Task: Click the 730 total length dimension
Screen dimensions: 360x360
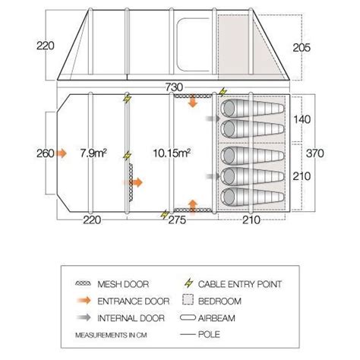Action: (x=174, y=87)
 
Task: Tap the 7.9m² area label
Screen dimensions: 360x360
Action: (x=93, y=153)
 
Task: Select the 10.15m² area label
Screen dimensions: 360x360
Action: (x=172, y=153)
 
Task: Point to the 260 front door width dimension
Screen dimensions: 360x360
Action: (x=46, y=153)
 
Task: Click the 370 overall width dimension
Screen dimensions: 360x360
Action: (x=315, y=153)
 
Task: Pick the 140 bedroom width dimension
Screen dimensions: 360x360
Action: (x=302, y=119)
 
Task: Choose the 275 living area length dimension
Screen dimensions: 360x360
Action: (x=177, y=219)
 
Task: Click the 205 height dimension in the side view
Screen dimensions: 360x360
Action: (x=302, y=48)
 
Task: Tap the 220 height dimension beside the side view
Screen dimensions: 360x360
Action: (x=46, y=46)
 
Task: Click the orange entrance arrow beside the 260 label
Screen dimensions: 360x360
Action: (x=62, y=153)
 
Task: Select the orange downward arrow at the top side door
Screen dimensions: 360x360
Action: (x=193, y=100)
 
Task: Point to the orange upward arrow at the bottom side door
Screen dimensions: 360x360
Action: (x=193, y=207)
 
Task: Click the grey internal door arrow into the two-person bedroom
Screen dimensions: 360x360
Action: (x=213, y=118)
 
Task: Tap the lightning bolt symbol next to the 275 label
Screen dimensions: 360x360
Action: (x=165, y=214)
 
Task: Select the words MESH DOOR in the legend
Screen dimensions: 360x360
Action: (x=123, y=284)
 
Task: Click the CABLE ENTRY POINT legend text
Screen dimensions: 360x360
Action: (x=240, y=284)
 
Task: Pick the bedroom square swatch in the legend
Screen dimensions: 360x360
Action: (x=188, y=299)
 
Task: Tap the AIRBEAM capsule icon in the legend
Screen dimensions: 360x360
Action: (x=188, y=317)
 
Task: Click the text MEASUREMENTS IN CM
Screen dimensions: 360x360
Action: (x=111, y=335)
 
